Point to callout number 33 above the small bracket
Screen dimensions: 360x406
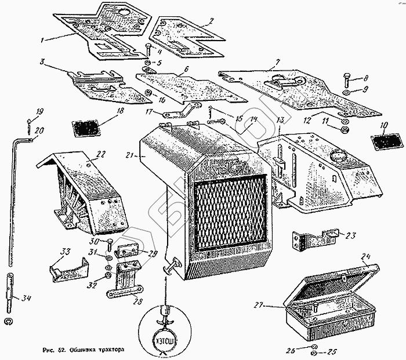(65, 251)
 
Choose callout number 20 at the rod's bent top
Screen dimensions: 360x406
(38, 132)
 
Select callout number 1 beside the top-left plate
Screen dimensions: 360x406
(42, 40)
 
